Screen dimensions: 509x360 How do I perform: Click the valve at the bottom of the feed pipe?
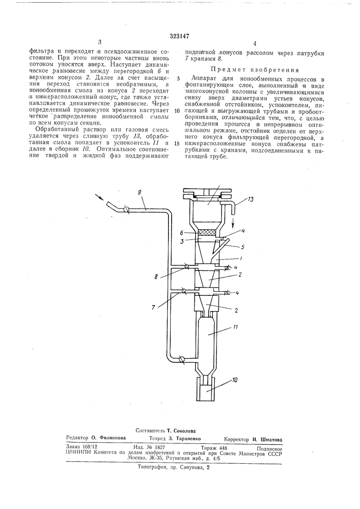(x=182, y=359)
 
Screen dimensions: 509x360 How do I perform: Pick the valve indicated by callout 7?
(x=184, y=291)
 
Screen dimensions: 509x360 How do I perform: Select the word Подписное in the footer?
(x=269, y=448)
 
